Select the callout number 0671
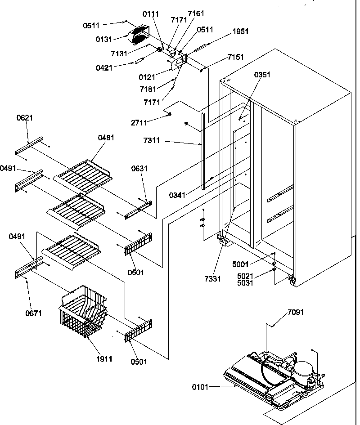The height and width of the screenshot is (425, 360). (33, 313)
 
